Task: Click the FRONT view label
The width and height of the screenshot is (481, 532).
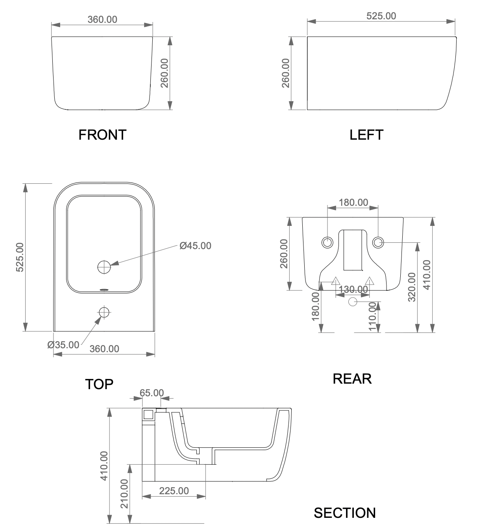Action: point(102,135)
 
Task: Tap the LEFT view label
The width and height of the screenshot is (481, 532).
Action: point(366,135)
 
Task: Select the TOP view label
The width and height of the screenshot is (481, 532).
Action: point(99,384)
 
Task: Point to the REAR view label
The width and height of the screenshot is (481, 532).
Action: point(352,379)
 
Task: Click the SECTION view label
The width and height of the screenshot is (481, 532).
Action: point(344,513)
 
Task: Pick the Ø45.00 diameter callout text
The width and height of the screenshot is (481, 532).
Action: point(195,246)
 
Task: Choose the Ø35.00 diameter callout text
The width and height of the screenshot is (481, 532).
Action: point(63,345)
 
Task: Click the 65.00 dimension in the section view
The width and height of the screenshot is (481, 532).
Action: point(152,393)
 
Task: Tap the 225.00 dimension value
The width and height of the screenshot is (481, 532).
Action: point(174,491)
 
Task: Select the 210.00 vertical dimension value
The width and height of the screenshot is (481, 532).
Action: point(124,494)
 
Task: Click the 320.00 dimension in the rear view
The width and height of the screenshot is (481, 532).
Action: point(412,287)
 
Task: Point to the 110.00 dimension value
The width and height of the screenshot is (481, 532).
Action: point(372,317)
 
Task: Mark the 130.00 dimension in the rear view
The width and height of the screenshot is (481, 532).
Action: point(353,289)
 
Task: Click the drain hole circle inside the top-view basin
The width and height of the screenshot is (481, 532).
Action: point(104,267)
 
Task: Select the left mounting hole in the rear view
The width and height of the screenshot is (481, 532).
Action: point(327,242)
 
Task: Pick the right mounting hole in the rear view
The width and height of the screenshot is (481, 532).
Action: point(378,242)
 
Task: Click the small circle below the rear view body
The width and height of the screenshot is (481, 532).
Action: point(353,302)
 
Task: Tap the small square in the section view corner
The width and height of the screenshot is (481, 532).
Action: point(148,414)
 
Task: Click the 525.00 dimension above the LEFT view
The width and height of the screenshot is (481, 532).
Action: point(381,16)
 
